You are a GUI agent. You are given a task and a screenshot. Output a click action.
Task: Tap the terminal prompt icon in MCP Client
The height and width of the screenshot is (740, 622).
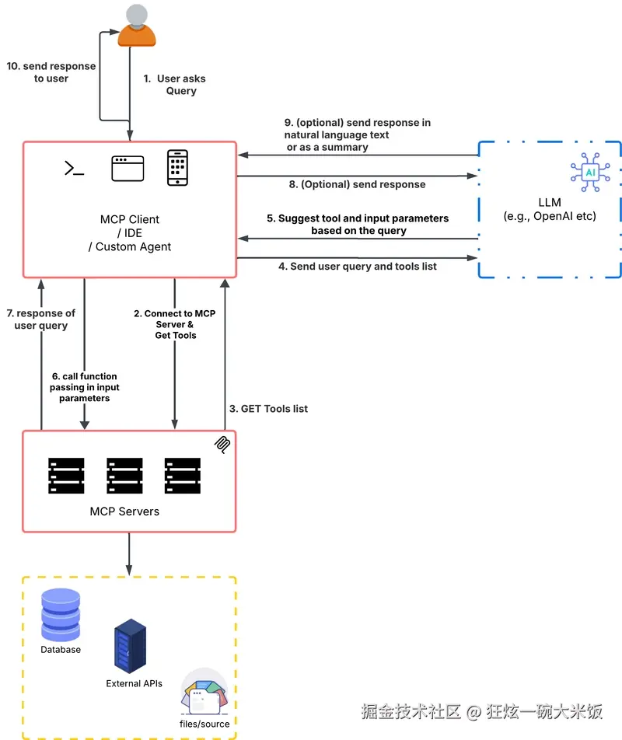pos(74,168)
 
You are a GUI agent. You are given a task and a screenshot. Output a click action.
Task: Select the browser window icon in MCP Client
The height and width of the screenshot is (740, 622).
pos(128,168)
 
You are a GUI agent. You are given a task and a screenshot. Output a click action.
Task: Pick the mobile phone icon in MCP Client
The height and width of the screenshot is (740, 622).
pos(177,168)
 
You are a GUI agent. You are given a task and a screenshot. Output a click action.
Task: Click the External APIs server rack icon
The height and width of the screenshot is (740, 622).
pos(130,646)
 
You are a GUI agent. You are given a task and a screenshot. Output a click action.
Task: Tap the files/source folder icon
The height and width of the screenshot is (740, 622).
pos(204,692)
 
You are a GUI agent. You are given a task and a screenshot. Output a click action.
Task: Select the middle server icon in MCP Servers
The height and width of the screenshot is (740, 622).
pos(124,476)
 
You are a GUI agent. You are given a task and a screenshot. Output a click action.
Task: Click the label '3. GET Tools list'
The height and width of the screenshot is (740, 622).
pos(268,409)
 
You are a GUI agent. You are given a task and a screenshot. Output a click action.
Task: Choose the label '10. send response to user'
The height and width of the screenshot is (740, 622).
pos(51,72)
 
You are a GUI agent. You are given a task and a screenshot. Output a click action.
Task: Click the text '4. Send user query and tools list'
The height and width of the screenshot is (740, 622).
pos(358,267)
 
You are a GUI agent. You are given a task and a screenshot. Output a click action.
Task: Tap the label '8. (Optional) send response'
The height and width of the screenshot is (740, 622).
pos(357,185)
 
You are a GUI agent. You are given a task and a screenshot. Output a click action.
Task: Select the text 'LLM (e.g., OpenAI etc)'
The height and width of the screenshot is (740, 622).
pos(549,209)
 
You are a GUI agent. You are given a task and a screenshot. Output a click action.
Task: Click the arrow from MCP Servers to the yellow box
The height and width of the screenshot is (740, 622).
pos(129,553)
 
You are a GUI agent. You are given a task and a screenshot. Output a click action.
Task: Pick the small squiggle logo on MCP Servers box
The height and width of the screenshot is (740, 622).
pos(222,443)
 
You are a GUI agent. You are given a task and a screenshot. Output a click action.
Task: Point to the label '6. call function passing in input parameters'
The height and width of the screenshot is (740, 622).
pos(85,387)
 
